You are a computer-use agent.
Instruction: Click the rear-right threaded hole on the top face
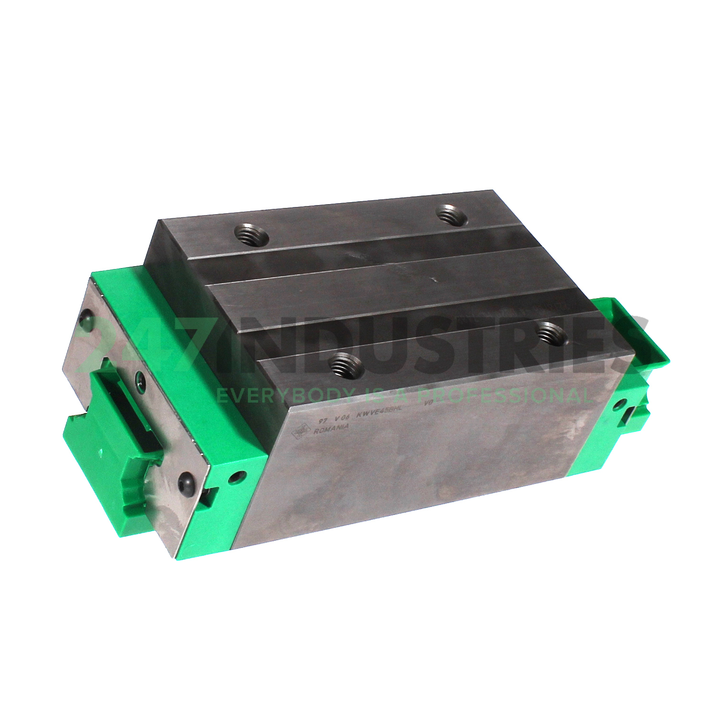pyautogui.click(x=452, y=213)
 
